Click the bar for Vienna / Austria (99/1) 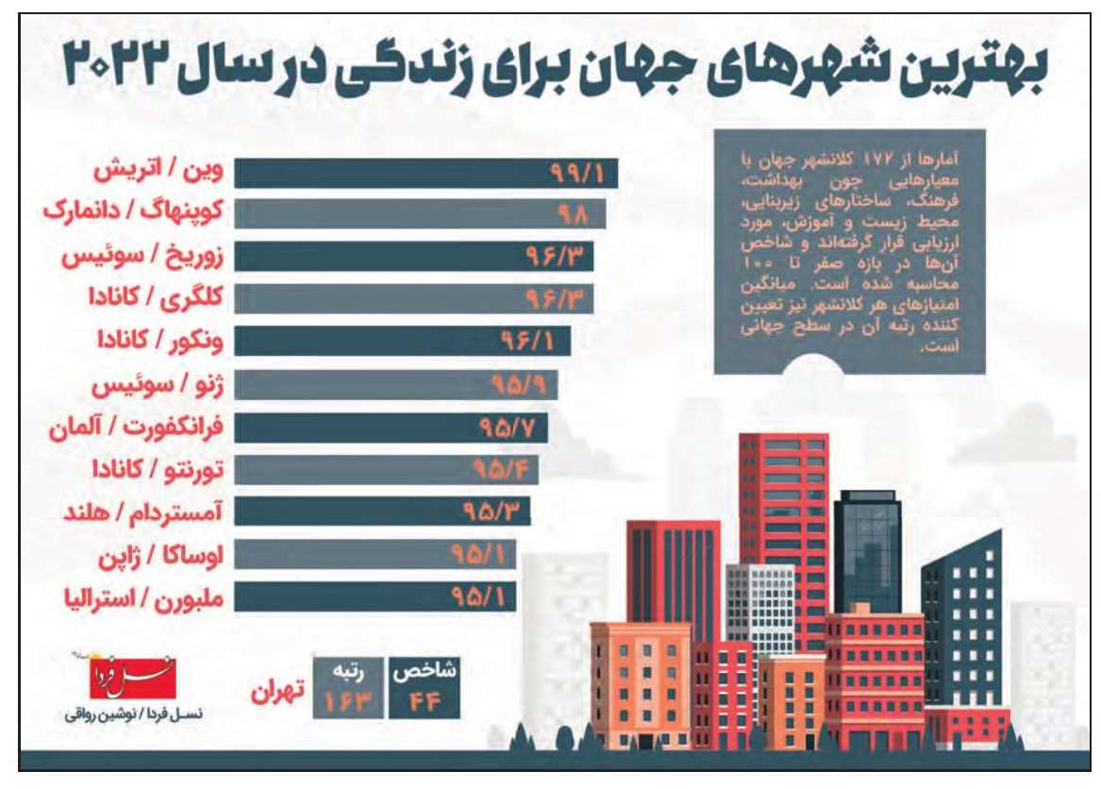[x=425, y=175]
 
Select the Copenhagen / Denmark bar [x=419, y=214]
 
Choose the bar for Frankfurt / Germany [x=391, y=428]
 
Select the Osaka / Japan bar [x=375, y=554]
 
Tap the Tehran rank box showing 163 [x=345, y=688]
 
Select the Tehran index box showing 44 [x=422, y=688]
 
